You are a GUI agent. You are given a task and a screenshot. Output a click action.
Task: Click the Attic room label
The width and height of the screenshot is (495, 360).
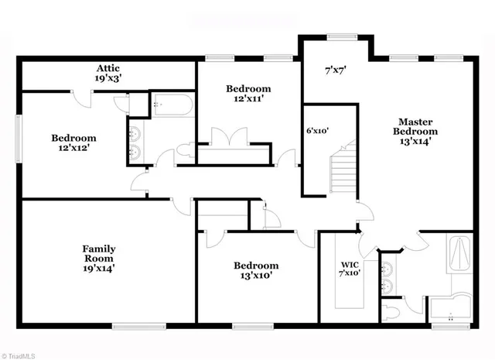click(107, 68)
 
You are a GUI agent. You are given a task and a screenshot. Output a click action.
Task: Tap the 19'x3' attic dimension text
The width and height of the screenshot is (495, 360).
click(107, 78)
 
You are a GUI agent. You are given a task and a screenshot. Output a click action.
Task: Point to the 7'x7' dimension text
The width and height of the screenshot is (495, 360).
click(335, 70)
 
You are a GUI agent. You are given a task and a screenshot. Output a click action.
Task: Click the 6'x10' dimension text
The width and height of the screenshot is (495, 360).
click(318, 130)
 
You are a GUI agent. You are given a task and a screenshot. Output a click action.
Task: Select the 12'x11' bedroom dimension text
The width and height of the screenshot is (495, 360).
click(248, 100)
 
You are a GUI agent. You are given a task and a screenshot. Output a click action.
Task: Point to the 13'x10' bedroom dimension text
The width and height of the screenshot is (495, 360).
click(257, 275)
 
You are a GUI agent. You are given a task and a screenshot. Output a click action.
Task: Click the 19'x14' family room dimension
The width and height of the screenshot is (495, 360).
click(99, 269)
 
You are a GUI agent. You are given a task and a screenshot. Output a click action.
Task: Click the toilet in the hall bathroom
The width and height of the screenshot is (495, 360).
click(184, 149)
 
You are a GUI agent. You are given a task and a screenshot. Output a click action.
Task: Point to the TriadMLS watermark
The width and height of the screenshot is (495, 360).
click(21, 354)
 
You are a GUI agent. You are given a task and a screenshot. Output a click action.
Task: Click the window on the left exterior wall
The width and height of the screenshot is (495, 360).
click(19, 139)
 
